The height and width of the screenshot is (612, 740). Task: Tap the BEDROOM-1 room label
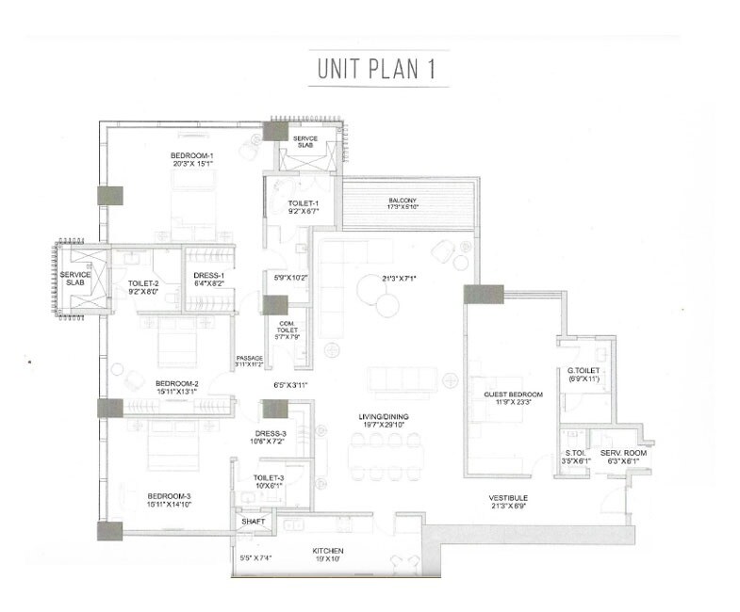tap(192, 154)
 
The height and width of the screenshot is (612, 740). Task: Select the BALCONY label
tap(403, 201)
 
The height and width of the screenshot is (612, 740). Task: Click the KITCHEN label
tap(328, 550)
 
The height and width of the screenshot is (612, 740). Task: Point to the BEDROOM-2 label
tap(176, 383)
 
